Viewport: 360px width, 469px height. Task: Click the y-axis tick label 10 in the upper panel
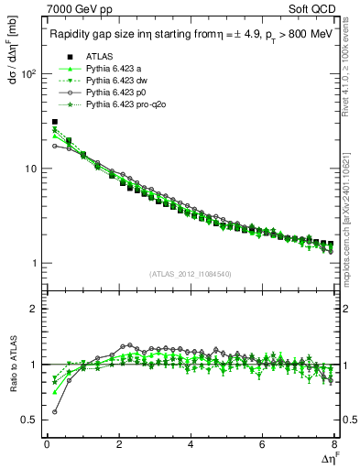[31, 169]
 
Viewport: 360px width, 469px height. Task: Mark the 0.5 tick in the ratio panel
[29, 420]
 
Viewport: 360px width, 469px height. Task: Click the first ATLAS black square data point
[55, 122]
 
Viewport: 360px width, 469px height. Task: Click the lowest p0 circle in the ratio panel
[55, 411]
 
